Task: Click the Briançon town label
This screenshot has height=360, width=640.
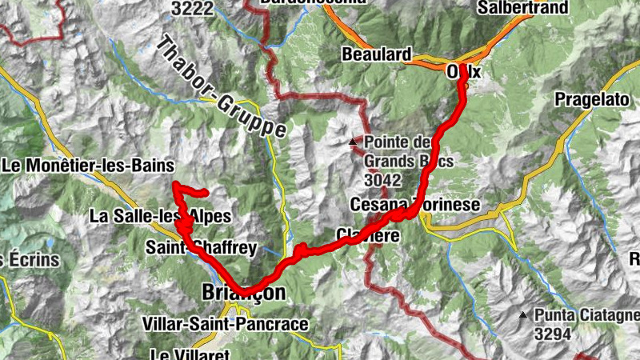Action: click(x=240, y=294)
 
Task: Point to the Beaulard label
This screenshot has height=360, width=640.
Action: click(x=375, y=55)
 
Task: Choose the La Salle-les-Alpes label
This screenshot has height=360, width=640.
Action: click(x=160, y=216)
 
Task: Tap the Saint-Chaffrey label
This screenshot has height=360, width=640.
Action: click(x=201, y=248)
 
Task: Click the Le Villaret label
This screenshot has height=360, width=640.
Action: click(x=190, y=353)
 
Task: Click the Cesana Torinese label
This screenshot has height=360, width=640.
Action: click(x=415, y=206)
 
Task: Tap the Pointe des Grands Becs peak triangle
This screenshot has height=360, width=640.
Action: click(x=352, y=142)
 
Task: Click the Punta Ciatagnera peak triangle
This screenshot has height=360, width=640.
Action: click(x=523, y=314)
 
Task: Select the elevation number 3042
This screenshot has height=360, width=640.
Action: click(x=382, y=179)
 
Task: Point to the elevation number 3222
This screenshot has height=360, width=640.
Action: click(x=191, y=8)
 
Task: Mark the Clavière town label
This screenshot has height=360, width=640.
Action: click(x=367, y=235)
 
